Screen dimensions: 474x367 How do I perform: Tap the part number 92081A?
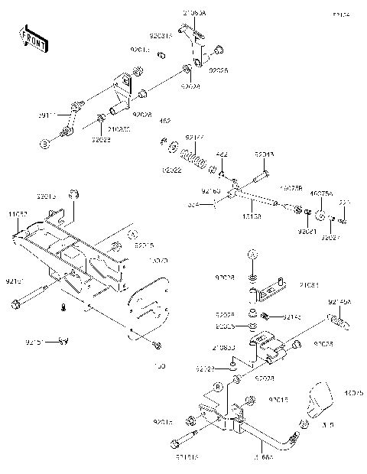click(x=161, y=35)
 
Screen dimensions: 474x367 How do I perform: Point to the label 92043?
click(x=264, y=154)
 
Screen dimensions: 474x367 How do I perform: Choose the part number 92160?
click(x=211, y=189)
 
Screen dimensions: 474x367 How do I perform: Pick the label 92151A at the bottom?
click(x=187, y=456)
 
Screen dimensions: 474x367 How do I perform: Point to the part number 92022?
click(x=171, y=170)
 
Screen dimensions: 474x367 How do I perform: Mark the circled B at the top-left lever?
click(x=44, y=143)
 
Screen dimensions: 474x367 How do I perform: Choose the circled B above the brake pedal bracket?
click(x=217, y=387)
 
